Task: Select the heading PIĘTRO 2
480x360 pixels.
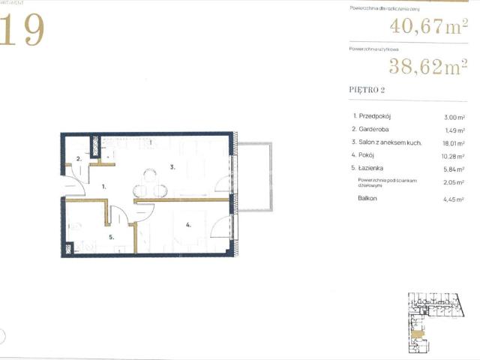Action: [367, 91]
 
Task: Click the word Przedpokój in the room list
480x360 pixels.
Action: [377, 116]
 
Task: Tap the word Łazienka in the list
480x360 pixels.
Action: [376, 169]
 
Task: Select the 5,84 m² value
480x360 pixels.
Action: [454, 169]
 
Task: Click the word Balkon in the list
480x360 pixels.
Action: [367, 198]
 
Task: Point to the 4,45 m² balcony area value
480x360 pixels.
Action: [454, 198]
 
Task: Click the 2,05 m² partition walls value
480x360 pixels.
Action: [454, 182]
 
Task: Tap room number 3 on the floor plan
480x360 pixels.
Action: [172, 167]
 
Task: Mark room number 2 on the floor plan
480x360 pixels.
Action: [78, 158]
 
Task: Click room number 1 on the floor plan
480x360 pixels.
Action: [104, 184]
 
